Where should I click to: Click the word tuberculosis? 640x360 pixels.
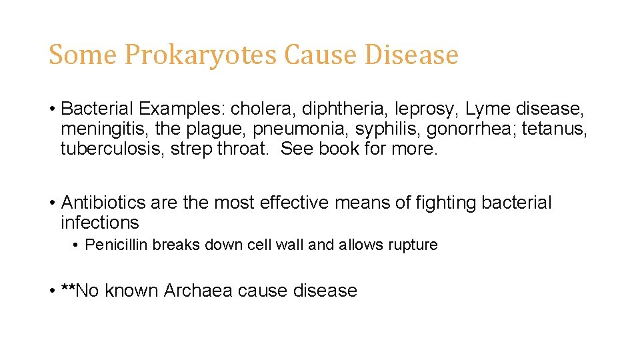[113, 148]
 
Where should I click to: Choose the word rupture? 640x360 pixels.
[411, 245]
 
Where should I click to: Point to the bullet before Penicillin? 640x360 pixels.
[77, 245]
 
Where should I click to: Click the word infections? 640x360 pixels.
[100, 222]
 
